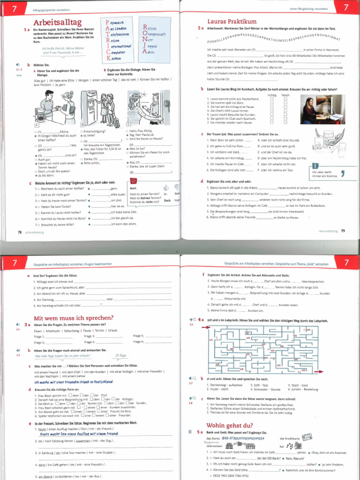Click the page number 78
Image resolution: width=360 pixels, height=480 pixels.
pyautogui.click(x=20, y=232)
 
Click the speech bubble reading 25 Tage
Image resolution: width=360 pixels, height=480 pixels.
pyautogui.click(x=120, y=355)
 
